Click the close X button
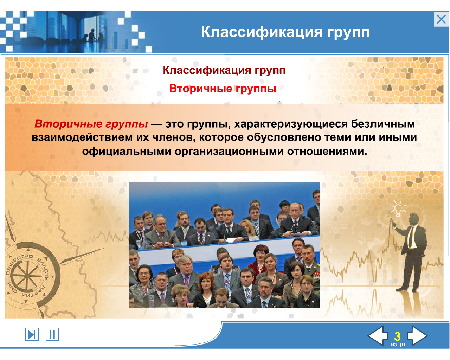click(441, 19)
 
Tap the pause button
click(52, 334)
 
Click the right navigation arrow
click(417, 335)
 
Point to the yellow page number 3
click(397, 336)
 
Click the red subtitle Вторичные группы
click(223, 88)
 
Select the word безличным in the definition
click(383, 124)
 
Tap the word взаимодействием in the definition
click(82, 138)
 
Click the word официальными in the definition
click(127, 151)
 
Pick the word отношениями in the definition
click(327, 151)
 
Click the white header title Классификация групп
click(285, 32)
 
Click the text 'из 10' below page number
click(398, 345)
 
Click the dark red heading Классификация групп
click(224, 70)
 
